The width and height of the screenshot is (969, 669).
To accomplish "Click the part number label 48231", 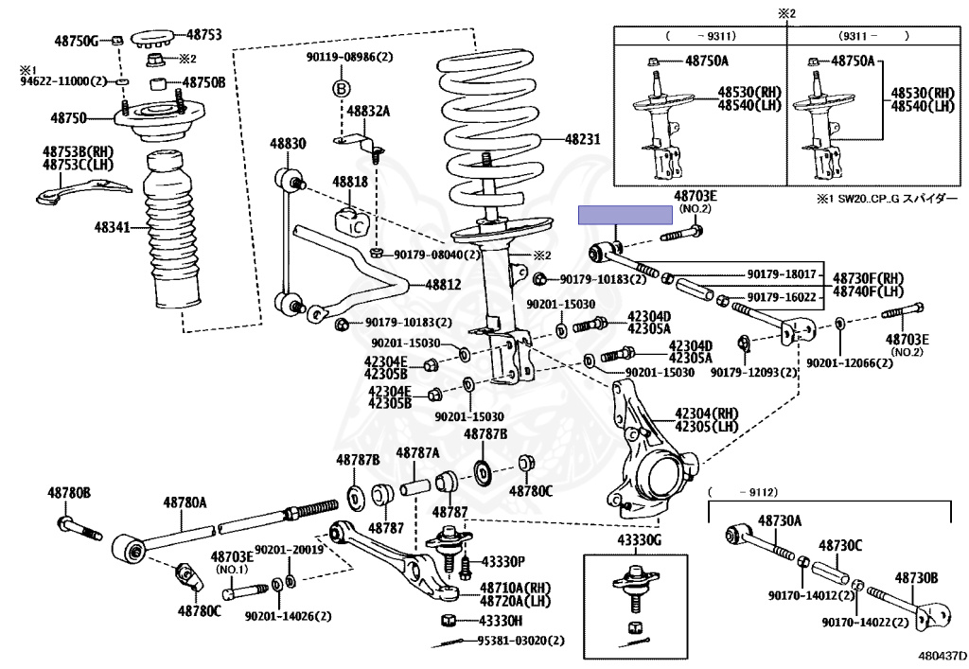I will click(583, 139).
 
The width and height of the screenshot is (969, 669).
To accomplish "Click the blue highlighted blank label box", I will click(615, 216).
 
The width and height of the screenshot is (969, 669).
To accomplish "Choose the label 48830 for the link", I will click(288, 144).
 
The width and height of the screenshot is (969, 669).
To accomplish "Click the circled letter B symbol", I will click(342, 88).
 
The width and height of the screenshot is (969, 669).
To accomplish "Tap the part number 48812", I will click(442, 284).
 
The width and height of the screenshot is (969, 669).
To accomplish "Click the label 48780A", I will click(184, 502).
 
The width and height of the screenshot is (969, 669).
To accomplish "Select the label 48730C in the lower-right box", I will click(840, 546).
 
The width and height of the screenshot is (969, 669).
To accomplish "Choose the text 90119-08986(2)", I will click(348, 57).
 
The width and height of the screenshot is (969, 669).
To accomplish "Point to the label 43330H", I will click(502, 621).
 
